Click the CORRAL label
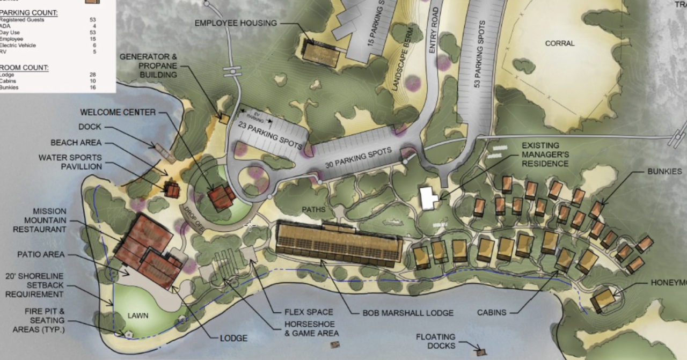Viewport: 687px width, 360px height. (559, 43)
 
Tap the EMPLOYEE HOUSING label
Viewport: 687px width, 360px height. (236, 23)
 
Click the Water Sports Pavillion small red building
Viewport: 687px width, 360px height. (172, 189)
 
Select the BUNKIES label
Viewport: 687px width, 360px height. (664, 172)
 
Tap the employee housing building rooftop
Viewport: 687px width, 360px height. (320, 52)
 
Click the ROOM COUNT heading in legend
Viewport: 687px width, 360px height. (25, 68)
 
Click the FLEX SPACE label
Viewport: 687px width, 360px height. (309, 312)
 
